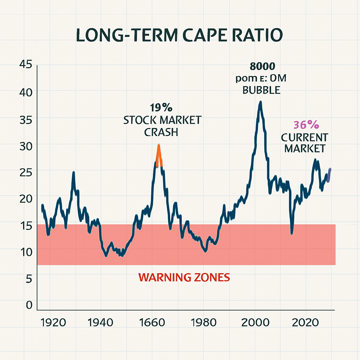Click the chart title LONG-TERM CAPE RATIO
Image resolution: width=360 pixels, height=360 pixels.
pyautogui.click(x=180, y=37)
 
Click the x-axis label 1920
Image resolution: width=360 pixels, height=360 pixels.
pyautogui.click(x=53, y=322)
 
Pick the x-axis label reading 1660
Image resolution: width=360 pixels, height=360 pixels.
pyautogui.click(x=152, y=322)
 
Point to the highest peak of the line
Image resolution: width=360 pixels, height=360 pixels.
pyautogui.click(x=260, y=103)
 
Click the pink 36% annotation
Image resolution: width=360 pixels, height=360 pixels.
pyautogui.click(x=306, y=125)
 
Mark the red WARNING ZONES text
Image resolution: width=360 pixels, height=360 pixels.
pyautogui.click(x=184, y=278)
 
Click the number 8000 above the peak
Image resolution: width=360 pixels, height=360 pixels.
pyautogui.click(x=261, y=66)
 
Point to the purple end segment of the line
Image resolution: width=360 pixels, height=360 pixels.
pyautogui.click(x=329, y=175)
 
